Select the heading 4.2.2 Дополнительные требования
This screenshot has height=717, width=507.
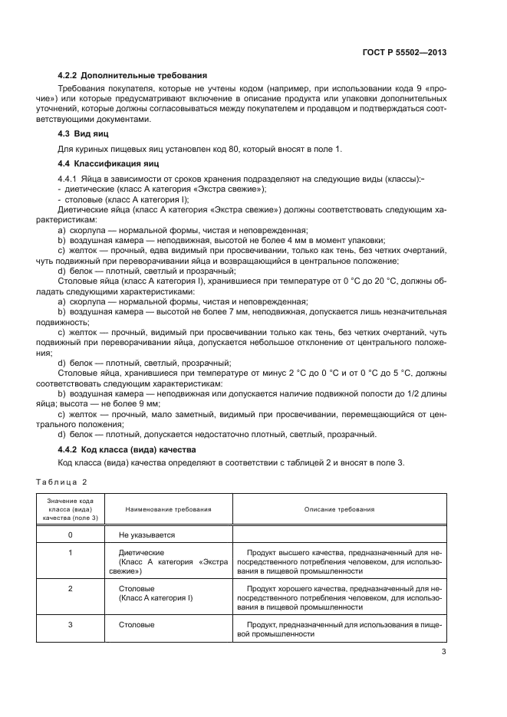133,76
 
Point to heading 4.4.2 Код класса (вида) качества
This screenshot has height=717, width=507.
127,449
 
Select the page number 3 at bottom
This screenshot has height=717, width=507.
443,653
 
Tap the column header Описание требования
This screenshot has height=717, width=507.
339,508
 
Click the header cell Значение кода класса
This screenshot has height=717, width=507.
71,508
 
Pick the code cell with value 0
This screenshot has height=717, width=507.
71,534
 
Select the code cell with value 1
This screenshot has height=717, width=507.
71,552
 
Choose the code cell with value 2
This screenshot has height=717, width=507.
71,588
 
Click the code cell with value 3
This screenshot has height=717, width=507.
71,624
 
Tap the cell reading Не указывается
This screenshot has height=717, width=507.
147,534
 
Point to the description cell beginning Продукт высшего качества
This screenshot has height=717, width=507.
339,561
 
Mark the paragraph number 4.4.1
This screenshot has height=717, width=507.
69,178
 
